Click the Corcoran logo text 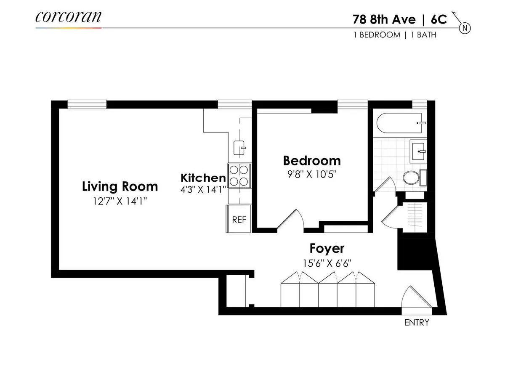[x=68, y=17]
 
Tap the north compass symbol [x=465, y=28]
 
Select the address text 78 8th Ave [x=383, y=19]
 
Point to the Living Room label [x=120, y=186]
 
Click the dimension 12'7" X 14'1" [x=120, y=201]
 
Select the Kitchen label [x=203, y=178]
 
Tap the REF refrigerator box [x=239, y=219]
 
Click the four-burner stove [x=239, y=176]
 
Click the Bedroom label [x=311, y=160]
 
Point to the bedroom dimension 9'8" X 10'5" [x=311, y=174]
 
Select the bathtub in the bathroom [x=400, y=123]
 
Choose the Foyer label [x=327, y=248]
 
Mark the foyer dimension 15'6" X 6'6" [x=327, y=263]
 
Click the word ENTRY [x=417, y=323]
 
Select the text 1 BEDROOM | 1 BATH [x=395, y=35]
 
